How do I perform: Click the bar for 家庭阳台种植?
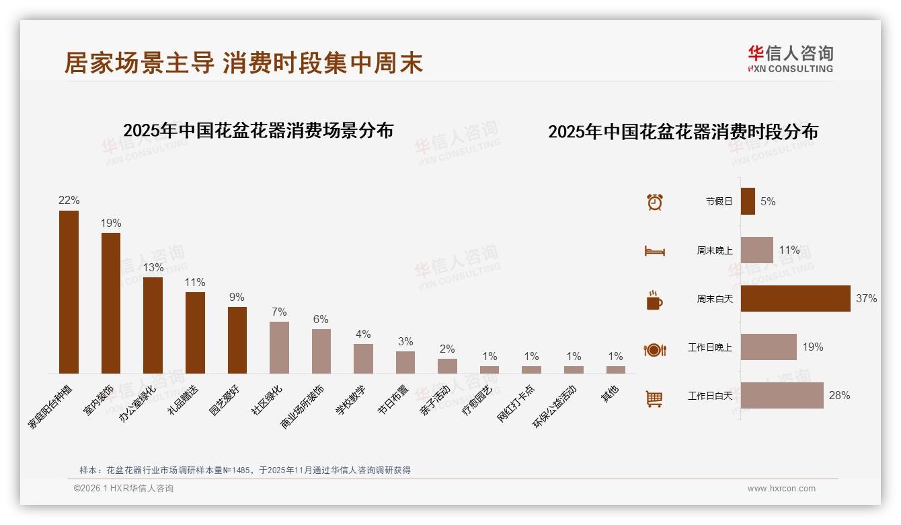click(69, 292)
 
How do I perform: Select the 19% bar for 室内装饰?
click(111, 303)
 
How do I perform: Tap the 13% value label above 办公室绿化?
click(153, 267)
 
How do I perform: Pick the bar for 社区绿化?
click(279, 347)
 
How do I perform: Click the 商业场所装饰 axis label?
click(303, 408)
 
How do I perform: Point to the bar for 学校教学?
click(363, 359)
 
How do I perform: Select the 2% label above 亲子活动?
click(447, 349)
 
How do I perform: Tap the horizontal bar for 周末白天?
click(795, 298)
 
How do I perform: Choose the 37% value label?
click(866, 298)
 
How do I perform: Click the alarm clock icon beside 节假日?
click(654, 201)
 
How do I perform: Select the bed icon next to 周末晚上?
click(654, 250)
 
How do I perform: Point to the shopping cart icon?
click(654, 398)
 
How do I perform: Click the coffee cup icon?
click(654, 300)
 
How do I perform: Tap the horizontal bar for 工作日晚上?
click(769, 347)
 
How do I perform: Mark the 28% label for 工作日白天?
click(839, 395)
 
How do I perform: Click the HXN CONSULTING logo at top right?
click(791, 59)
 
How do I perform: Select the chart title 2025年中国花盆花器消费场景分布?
click(258, 130)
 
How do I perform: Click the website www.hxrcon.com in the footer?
click(781, 489)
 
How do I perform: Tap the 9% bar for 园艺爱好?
click(237, 340)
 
